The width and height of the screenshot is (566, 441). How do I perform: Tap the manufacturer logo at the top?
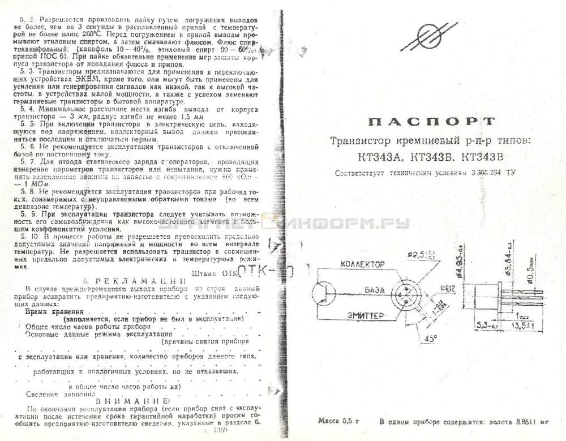point(428,36)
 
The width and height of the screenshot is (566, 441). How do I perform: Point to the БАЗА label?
point(375,289)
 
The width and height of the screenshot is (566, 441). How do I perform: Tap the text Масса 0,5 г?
point(338,421)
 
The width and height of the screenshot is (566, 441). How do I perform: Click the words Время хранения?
point(54,311)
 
